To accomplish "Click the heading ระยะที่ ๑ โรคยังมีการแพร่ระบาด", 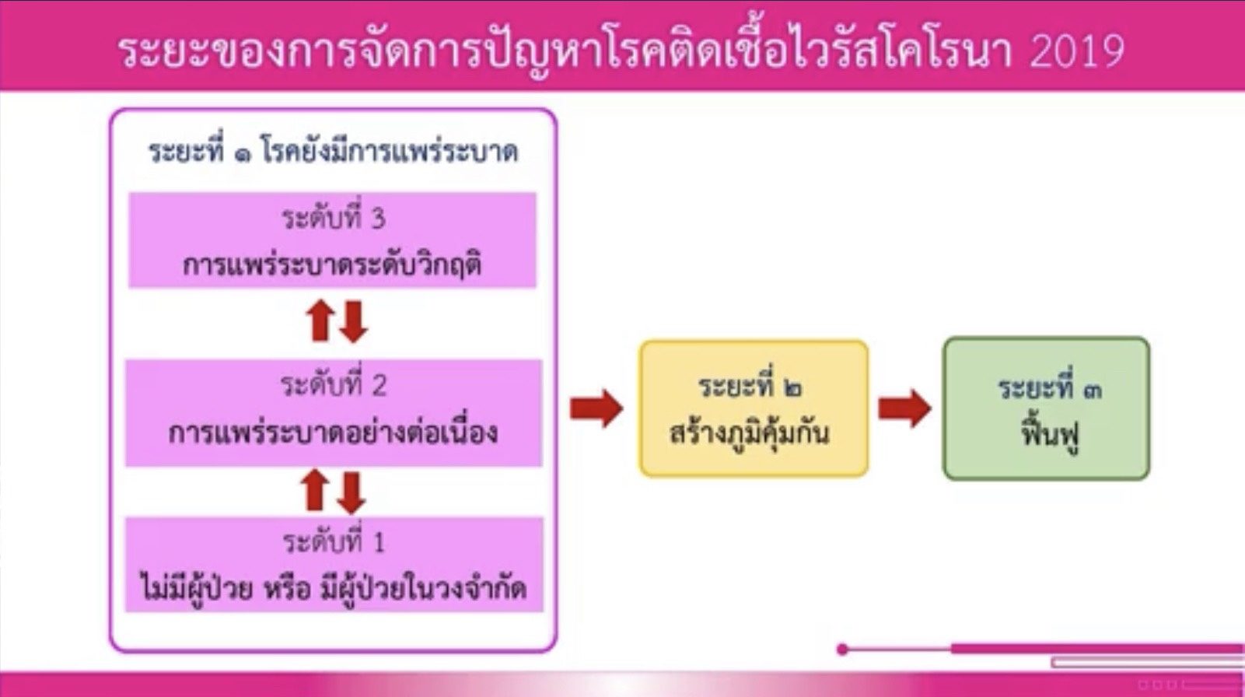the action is (334, 151).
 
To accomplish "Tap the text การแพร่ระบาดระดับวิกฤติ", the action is (332, 264).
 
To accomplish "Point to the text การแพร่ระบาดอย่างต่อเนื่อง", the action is (333, 433).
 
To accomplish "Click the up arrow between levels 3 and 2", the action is (320, 320).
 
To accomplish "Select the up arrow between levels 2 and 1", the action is (315, 489).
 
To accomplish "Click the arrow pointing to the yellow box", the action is (596, 408).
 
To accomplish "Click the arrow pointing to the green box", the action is (904, 408).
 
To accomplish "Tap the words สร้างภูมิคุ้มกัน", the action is (749, 433).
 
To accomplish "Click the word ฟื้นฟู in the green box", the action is (1050, 435).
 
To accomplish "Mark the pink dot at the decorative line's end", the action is (843, 649).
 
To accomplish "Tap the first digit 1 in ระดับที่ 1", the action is (379, 542).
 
